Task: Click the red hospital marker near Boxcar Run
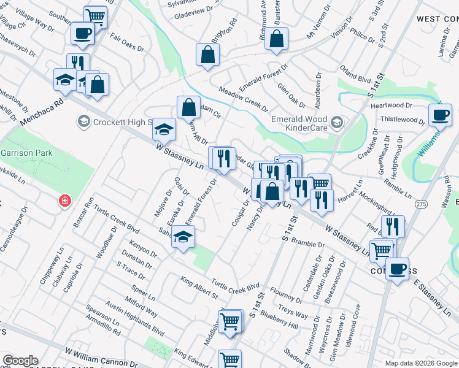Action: [x=64, y=201]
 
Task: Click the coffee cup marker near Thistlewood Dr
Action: [x=439, y=115]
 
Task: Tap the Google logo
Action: [x=20, y=361]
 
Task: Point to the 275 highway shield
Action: [x=420, y=204]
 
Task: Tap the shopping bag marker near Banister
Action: [x=277, y=39]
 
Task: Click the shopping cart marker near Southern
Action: [x=95, y=17]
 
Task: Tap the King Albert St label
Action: [x=199, y=287]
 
